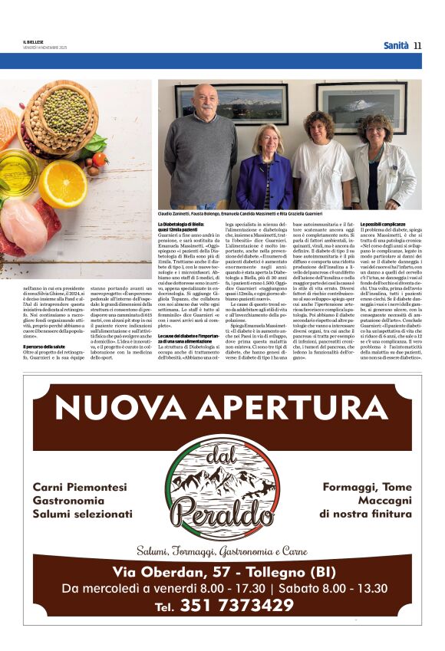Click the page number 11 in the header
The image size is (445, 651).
coord(417,46)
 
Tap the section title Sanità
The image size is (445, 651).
coord(396,46)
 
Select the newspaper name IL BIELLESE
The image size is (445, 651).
coord(35,42)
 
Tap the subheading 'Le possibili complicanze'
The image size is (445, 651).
coord(361,223)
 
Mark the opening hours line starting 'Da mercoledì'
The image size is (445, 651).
coord(222,588)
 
